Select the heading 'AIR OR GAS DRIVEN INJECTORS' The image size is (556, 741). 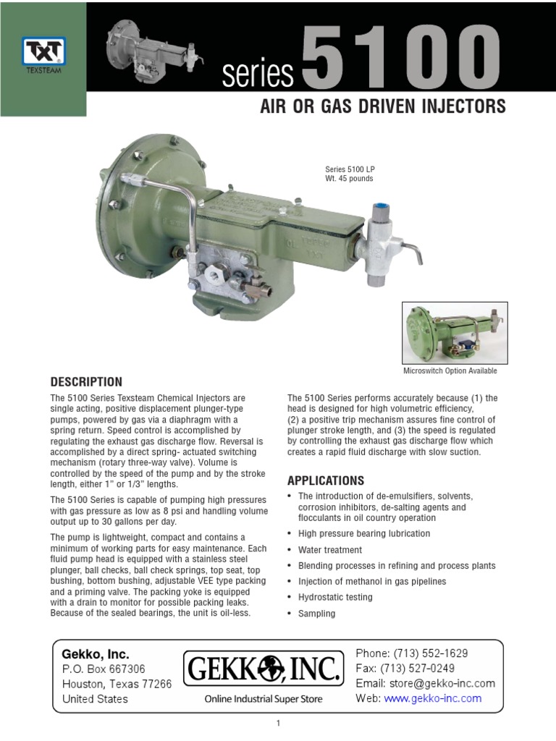pyautogui.click(x=382, y=108)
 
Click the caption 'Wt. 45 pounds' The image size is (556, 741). pyautogui.click(x=350, y=179)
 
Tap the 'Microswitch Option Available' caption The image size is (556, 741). pyautogui.click(x=450, y=371)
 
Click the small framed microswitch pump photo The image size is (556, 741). pyautogui.click(x=455, y=333)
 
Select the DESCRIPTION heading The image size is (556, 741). pyautogui.click(x=86, y=381)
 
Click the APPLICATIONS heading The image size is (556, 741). pyautogui.click(x=326, y=480)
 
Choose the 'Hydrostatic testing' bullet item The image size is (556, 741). pyautogui.click(x=335, y=597)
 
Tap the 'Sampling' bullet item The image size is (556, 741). pyautogui.click(x=317, y=614)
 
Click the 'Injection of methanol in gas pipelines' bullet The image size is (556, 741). pyautogui.click(x=372, y=581)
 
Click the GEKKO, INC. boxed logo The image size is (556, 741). pyautogui.click(x=263, y=669)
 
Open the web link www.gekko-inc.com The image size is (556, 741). pyautogui.click(x=432, y=698)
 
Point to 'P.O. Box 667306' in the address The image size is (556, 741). pyautogui.click(x=104, y=669)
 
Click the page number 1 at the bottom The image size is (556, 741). pyautogui.click(x=278, y=724)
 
